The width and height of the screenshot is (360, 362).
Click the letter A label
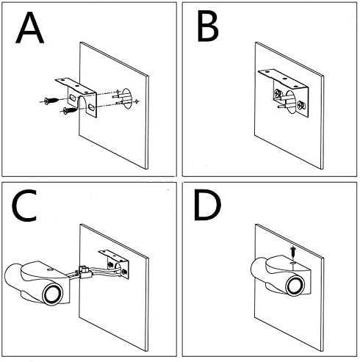(x=29, y=28)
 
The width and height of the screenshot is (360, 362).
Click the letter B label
(x=208, y=26)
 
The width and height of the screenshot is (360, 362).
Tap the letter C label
(x=24, y=206)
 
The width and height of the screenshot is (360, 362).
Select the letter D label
(x=207, y=205)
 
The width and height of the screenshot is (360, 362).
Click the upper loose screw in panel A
(x=51, y=101)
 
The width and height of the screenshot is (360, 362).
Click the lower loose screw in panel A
(x=70, y=110)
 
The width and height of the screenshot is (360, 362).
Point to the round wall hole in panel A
(x=127, y=99)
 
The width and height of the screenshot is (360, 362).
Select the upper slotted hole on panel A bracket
(x=73, y=98)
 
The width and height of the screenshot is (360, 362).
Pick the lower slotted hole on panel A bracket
(x=91, y=107)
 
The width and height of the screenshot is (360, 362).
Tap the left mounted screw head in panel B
(x=278, y=93)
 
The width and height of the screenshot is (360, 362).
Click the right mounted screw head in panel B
(x=300, y=105)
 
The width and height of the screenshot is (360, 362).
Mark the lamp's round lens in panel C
(x=52, y=294)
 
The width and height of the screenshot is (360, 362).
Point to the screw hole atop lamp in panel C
(x=50, y=269)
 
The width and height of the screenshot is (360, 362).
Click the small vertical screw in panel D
(x=292, y=253)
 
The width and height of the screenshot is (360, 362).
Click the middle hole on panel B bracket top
(x=284, y=79)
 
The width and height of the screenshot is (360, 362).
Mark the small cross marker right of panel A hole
(x=137, y=101)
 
